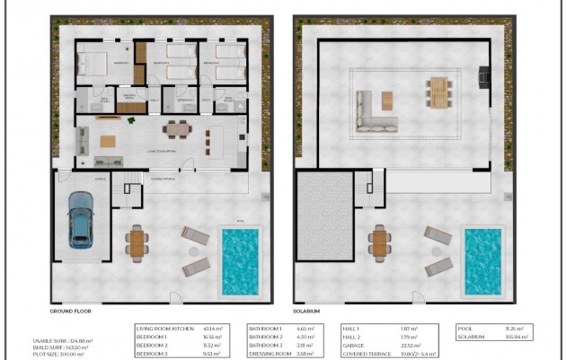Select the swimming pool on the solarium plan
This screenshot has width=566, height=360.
point(482,261)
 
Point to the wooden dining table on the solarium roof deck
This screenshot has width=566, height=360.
point(438,92)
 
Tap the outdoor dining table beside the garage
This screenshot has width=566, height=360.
point(137,241)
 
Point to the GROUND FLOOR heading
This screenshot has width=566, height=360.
point(73,311)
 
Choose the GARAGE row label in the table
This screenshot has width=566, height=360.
point(357,346)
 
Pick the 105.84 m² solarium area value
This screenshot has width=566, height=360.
point(514,338)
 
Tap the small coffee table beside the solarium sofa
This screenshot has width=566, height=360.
point(387,98)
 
